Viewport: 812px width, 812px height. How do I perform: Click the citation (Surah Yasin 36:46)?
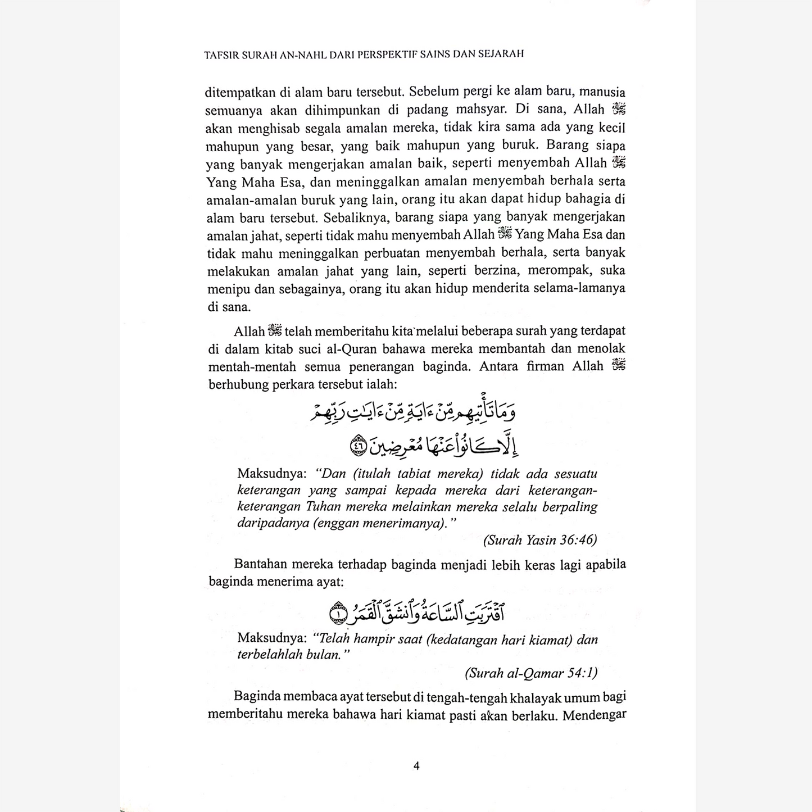point(540,540)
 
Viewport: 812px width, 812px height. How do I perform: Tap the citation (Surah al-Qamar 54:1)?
point(531,673)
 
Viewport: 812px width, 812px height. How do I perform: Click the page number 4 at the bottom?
point(416,765)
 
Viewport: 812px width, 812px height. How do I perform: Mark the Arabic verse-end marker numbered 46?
point(357,446)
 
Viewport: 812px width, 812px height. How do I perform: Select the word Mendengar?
point(595,716)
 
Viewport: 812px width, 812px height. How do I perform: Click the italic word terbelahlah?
point(270,655)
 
